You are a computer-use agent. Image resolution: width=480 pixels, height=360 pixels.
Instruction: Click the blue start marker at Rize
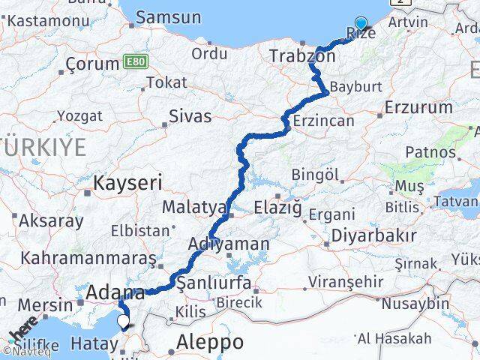[x=361, y=24]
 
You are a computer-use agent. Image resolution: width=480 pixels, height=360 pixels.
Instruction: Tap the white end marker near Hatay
[x=124, y=322]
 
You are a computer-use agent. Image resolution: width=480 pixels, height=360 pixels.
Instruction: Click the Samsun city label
[x=166, y=17]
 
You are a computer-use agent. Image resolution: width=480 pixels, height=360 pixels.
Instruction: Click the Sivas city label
[x=190, y=116]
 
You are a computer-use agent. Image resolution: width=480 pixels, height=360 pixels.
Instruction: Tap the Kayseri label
[x=127, y=181]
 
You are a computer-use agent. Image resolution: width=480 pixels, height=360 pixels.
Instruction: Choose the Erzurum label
[x=418, y=107]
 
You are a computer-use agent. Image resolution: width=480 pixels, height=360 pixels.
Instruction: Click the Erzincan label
[x=322, y=121]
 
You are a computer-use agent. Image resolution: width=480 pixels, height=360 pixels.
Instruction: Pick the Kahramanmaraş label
[x=88, y=258]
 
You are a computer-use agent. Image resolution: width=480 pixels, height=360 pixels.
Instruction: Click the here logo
[x=22, y=334]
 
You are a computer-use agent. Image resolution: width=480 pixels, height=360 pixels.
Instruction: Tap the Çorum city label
[x=93, y=64]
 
